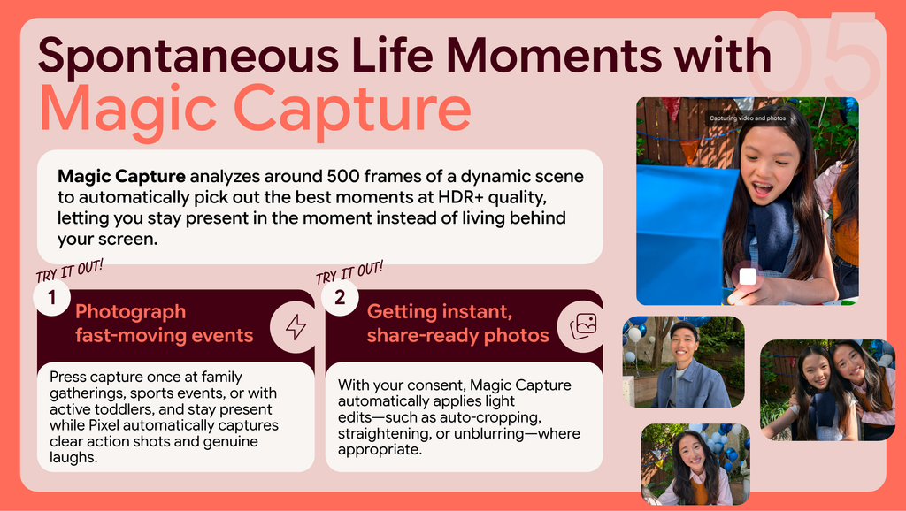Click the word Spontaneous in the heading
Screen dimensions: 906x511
(188, 56)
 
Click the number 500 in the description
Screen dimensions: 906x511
(343, 176)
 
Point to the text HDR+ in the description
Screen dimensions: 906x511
(460, 197)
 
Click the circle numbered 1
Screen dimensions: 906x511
(52, 297)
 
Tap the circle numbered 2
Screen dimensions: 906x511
(340, 297)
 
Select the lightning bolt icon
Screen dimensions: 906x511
(296, 327)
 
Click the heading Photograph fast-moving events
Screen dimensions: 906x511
(164, 324)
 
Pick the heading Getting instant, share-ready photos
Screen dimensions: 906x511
(457, 324)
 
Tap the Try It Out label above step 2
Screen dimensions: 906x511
(349, 272)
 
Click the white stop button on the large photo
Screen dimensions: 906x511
(748, 276)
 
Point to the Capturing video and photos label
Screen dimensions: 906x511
(748, 118)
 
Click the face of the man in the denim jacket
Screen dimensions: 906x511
(683, 343)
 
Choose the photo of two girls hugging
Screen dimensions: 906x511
(827, 391)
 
